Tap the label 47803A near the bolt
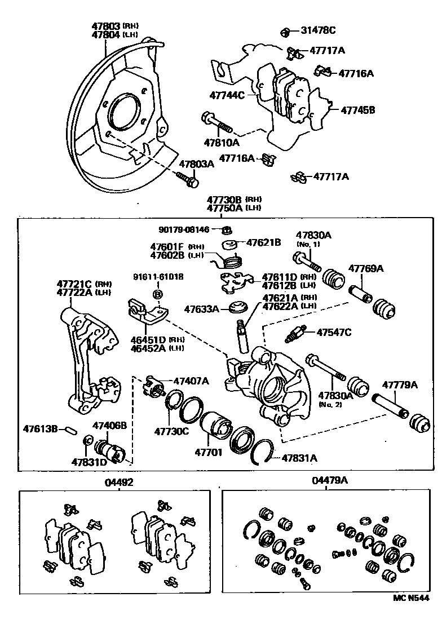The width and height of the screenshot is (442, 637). click(197, 164)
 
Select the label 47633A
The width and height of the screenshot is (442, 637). click(200, 308)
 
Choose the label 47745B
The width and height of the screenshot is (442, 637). click(357, 110)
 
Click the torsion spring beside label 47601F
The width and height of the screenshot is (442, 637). click(231, 261)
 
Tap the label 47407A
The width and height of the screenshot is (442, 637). click(191, 381)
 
